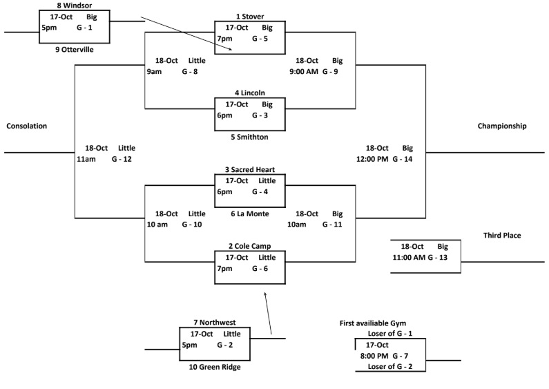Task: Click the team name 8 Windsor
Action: click(x=74, y=5)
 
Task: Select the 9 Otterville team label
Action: click(x=74, y=50)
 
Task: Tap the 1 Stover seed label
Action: click(x=250, y=16)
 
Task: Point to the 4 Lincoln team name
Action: click(x=250, y=93)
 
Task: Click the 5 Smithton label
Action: click(x=250, y=137)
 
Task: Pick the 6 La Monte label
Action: click(x=250, y=214)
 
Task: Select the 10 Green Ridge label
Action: click(x=215, y=367)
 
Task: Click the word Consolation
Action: click(x=26, y=126)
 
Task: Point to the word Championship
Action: click(x=502, y=126)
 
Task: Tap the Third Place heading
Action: click(x=502, y=236)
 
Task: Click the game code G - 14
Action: click(x=402, y=159)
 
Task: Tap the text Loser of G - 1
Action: click(x=391, y=334)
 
